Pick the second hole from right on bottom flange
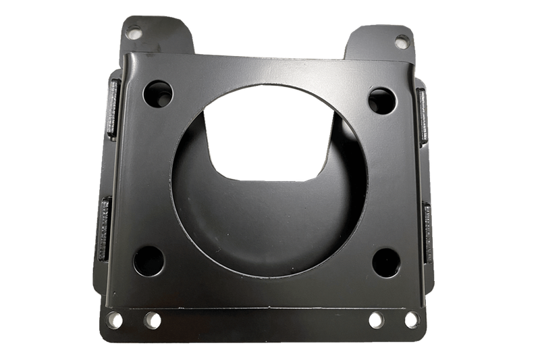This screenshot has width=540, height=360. point(377,318)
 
